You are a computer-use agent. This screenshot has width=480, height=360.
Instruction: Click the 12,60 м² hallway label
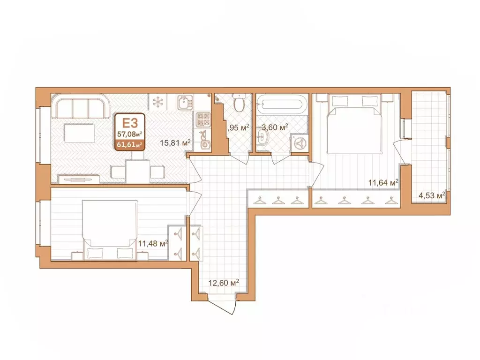[224, 283]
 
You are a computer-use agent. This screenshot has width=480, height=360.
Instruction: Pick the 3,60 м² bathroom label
[275, 127]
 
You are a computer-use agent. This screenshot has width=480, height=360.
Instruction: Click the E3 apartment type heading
[129, 124]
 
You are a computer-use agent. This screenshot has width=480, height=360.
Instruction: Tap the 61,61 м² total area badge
[129, 144]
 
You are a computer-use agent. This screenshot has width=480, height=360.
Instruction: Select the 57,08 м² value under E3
[129, 135]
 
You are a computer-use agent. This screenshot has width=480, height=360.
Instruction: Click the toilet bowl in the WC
[240, 103]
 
